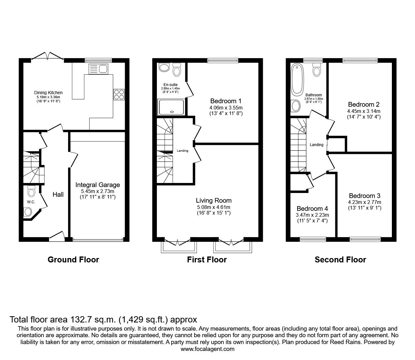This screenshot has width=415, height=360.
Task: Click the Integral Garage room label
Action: coord(98,185)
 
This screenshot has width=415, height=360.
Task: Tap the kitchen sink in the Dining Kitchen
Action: coord(98,68)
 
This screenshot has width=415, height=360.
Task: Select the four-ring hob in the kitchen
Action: coord(119,94)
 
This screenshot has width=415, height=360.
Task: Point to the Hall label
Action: coord(58,195)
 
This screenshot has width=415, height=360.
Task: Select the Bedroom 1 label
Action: coord(226,101)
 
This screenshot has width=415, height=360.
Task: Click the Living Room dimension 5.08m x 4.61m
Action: coord(214,207)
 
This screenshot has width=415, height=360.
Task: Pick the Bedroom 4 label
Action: coord(312,209)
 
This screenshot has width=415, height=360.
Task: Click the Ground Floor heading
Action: coord(73,260)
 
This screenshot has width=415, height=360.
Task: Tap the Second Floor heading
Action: coord(340,260)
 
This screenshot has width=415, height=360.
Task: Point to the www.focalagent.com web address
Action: coord(207,349)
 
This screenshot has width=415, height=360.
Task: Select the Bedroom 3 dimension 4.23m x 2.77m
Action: coord(365,202)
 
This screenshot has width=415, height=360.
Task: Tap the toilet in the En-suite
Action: coord(177,69)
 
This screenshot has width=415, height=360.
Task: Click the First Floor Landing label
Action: coord(182,151)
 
